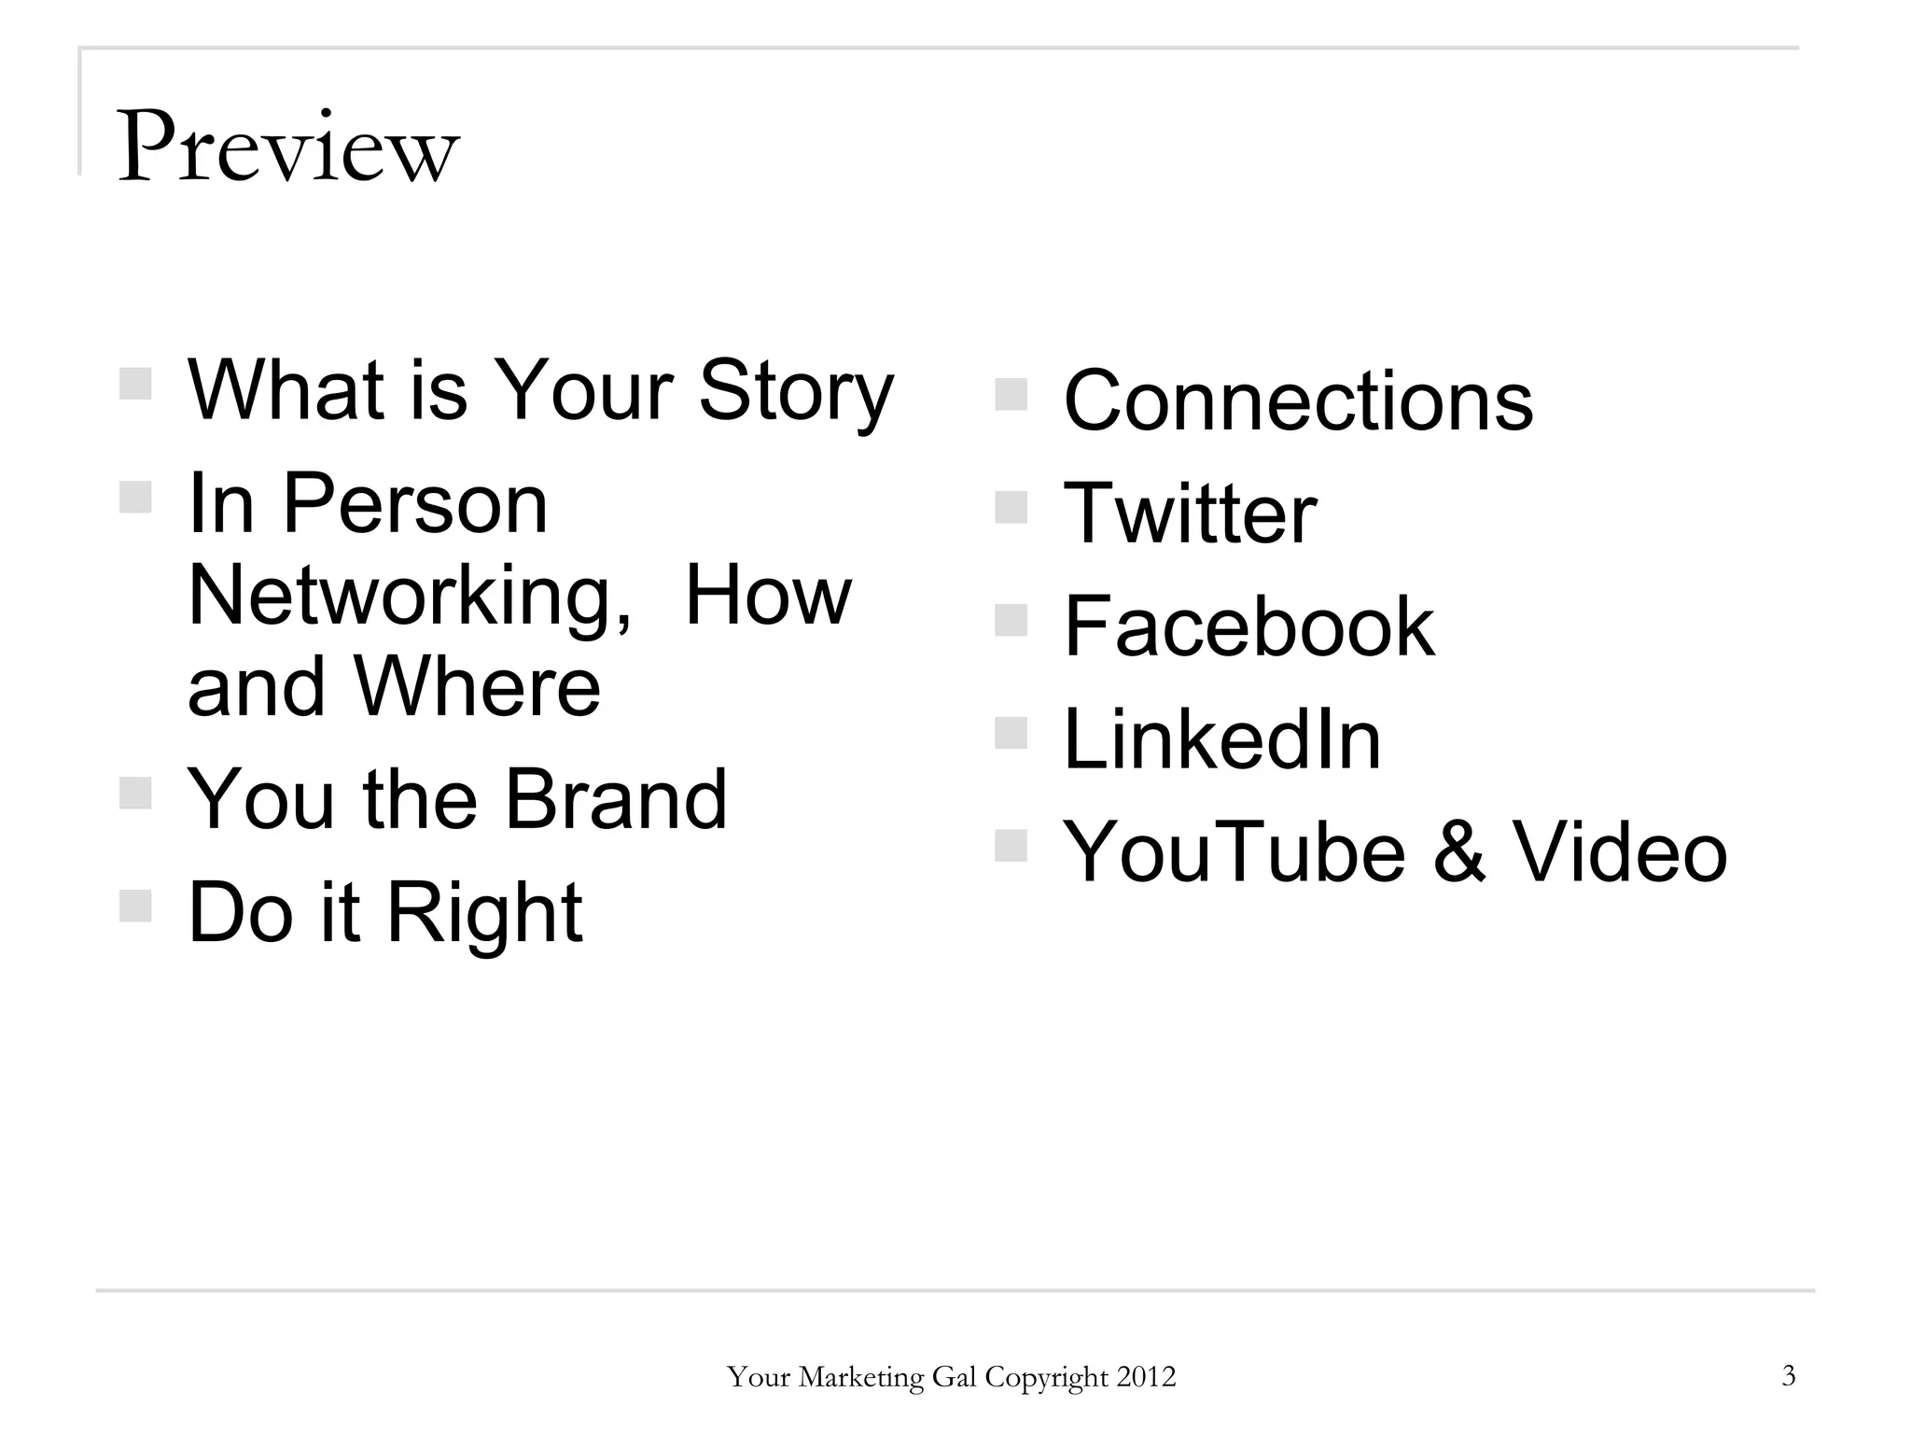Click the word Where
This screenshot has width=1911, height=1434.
[x=477, y=687]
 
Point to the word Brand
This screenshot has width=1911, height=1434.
[x=615, y=799]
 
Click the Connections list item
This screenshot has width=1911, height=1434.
[x=1298, y=401]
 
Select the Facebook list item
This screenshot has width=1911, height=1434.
[x=1248, y=626]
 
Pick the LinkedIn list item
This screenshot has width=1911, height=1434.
[x=1221, y=739]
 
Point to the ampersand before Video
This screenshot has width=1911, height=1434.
[x=1458, y=851]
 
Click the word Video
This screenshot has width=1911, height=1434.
[x=1619, y=851]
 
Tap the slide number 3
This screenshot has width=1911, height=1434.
[x=1788, y=1375]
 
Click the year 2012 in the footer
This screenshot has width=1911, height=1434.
[x=1146, y=1377]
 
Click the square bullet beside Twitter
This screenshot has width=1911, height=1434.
[x=1011, y=508]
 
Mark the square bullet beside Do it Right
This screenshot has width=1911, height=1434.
[x=135, y=906]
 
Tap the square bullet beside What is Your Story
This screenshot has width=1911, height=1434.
[x=135, y=384]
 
